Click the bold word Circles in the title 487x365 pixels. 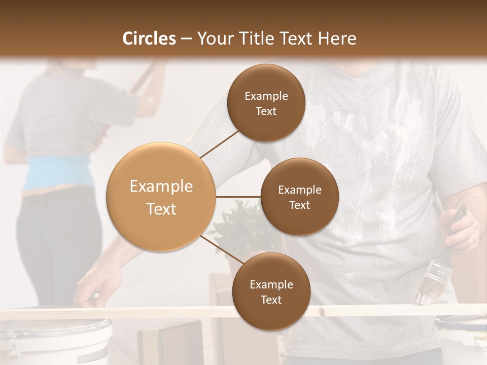pos(149,39)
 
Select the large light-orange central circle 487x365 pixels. pos(161,197)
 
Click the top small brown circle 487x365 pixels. pos(266,103)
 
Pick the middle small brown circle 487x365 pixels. pos(299,197)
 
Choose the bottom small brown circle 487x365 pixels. pos(271,291)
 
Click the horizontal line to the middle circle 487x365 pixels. pos(238,197)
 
